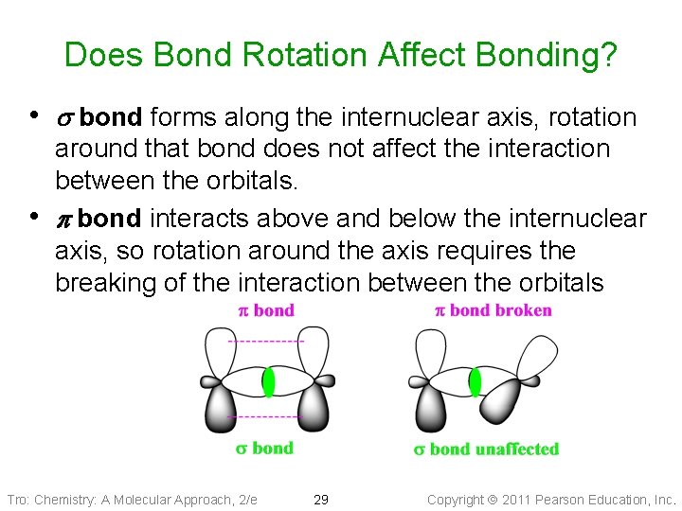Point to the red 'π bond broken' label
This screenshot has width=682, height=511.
[x=493, y=310]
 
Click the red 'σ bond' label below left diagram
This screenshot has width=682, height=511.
[x=264, y=449]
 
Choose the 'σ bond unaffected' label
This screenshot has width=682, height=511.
[x=486, y=449]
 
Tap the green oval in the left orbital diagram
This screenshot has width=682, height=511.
[x=268, y=381]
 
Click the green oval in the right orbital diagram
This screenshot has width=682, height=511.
[x=476, y=381]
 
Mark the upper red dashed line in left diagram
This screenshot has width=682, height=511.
[x=266, y=341]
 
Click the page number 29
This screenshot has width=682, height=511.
[x=321, y=499]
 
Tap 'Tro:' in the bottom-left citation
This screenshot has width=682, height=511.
[x=18, y=499]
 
